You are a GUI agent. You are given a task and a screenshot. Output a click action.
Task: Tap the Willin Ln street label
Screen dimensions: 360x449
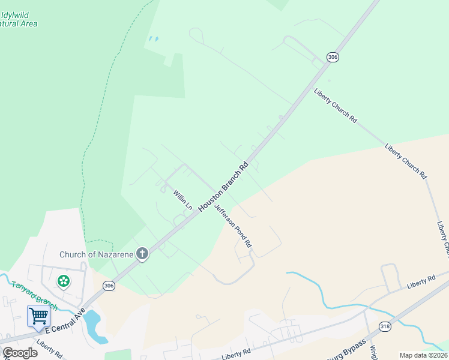[182, 200]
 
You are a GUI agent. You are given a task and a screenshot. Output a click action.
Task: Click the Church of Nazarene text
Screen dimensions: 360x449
[96, 254]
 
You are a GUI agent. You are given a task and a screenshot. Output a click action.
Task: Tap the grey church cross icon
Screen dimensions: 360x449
[142, 254]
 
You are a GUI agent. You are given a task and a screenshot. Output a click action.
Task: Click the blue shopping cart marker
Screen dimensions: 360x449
[38, 316]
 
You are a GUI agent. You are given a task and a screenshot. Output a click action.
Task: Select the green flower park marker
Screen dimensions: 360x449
[63, 281]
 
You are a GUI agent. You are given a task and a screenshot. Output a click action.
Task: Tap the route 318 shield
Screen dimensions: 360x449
[385, 326]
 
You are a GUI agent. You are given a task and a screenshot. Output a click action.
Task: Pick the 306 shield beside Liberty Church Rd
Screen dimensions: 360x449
[333, 56]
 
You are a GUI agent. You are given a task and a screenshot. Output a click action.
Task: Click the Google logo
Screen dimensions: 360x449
[19, 353]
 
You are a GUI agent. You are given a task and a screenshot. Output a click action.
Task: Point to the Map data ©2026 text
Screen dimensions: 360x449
[423, 355]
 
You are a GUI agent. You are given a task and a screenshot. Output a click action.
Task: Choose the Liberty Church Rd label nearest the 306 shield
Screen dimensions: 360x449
[335, 106]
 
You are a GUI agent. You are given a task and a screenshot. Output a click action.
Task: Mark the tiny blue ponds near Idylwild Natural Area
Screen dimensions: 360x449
[154, 40]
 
